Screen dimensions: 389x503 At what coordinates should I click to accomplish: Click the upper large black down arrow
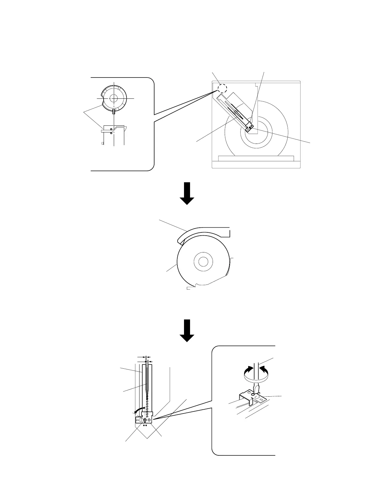pos(187,193)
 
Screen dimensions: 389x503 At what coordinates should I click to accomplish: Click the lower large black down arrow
pos(187,331)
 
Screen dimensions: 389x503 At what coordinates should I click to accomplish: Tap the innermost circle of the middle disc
pos(203,262)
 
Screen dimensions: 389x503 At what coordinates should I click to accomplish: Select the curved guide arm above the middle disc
pos(203,231)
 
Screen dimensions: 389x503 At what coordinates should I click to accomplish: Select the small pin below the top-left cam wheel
pos(114,111)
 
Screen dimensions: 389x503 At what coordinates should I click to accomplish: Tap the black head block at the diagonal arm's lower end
pos(250,127)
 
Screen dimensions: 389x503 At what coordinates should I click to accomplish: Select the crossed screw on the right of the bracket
pos(149,420)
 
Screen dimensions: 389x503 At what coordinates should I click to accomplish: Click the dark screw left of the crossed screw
pos(145,420)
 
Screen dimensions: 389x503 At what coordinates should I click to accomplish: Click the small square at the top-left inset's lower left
pos(103,144)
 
